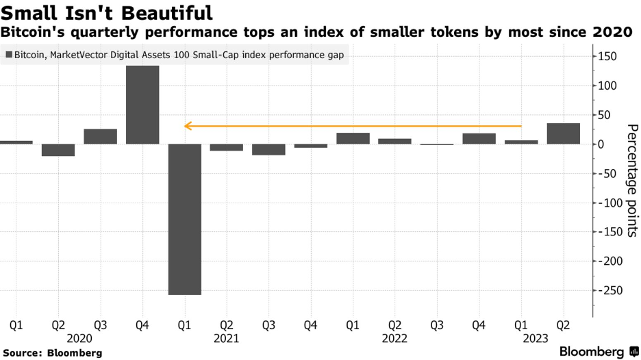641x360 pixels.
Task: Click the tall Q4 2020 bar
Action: [x=142, y=105]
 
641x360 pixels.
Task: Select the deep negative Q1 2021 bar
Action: [x=185, y=219]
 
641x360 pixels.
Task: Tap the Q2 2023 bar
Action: [x=564, y=133]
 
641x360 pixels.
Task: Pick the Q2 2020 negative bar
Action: [x=58, y=150]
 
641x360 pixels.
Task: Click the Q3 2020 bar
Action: [x=100, y=136]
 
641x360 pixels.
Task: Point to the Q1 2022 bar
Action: [x=353, y=138]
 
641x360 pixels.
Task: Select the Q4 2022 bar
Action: [x=479, y=138]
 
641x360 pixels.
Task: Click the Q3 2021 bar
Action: [x=268, y=150]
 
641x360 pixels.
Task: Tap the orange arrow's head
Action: [x=188, y=126]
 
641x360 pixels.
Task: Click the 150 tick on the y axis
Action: [x=607, y=56]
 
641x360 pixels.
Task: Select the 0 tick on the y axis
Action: [x=601, y=144]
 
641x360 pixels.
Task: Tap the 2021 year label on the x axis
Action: [x=226, y=339]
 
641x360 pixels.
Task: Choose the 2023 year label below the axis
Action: [x=536, y=339]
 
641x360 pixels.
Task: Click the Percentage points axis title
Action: [x=632, y=181]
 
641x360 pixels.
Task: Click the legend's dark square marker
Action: [x=9, y=55]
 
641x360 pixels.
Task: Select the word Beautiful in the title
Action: [x=167, y=13]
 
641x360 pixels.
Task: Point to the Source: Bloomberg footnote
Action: [x=52, y=353]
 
